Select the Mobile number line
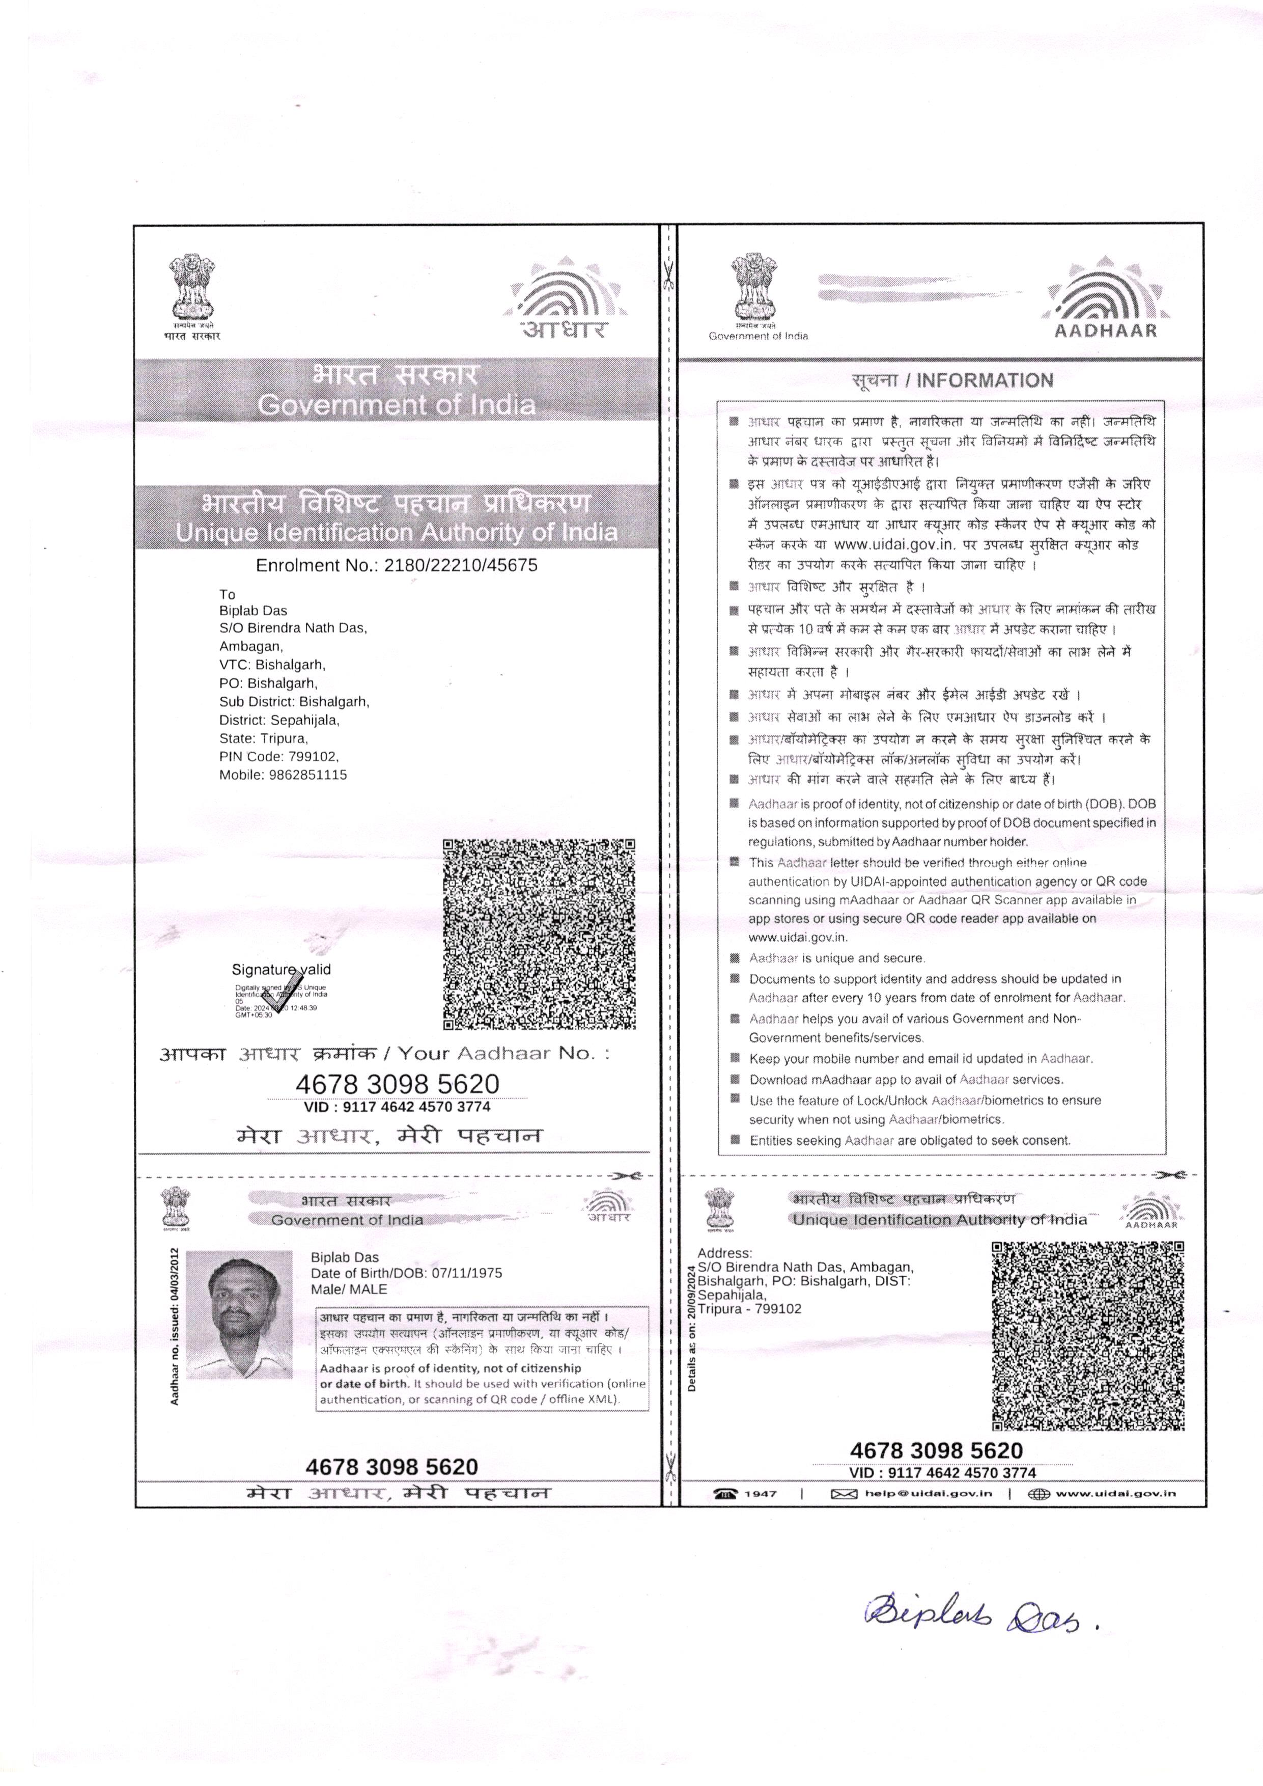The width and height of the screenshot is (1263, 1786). pos(283,775)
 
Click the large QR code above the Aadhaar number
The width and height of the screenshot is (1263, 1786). pos(539,934)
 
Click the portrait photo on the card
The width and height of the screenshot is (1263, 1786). pos(240,1314)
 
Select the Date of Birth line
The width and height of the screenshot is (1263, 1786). pos(406,1273)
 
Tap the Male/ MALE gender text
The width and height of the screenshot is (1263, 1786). pos(348,1289)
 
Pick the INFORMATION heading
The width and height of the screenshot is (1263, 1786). pos(952,380)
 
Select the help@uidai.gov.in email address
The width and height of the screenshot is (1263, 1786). pos(928,1494)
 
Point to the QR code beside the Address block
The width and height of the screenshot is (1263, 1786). pos(1087,1336)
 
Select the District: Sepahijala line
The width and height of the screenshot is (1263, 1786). pos(279,720)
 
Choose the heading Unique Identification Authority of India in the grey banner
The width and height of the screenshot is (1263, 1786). pos(397,533)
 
